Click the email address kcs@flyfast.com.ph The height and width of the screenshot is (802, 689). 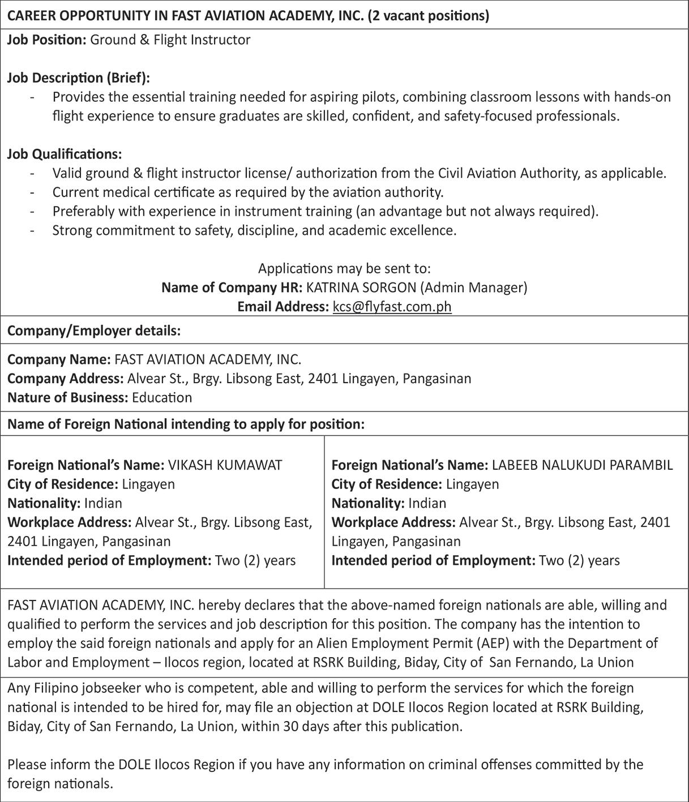392,307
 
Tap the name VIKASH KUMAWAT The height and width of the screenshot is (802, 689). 225,465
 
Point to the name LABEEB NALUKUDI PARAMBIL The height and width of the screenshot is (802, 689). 582,465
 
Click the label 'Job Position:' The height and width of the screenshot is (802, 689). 46,40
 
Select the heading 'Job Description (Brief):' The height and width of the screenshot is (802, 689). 78,78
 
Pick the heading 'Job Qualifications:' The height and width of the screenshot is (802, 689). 64,154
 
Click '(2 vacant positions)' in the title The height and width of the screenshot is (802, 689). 428,15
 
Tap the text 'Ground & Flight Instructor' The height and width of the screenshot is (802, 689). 170,40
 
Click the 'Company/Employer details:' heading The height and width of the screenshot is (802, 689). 93,331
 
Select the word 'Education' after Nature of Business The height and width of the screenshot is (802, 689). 162,397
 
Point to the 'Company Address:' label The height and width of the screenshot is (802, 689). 65,378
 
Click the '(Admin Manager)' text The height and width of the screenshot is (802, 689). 473,288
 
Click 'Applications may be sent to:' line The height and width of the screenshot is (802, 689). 344,268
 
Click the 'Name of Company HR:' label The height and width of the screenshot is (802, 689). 232,288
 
